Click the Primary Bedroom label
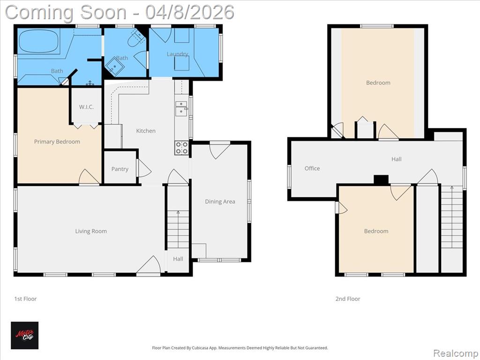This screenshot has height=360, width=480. point(57,142)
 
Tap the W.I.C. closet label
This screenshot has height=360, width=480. point(86,107)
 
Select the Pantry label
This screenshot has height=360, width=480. point(120,169)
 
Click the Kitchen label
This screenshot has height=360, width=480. point(146,131)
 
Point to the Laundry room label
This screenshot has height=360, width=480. point(177,54)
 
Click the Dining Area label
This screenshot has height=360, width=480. point(220,202)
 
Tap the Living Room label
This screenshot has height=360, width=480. point(91,231)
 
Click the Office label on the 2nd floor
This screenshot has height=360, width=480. point(312,168)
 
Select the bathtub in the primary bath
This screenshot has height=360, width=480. point(38,41)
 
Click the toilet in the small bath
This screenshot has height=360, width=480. point(136,38)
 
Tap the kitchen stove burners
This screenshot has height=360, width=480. point(181,148)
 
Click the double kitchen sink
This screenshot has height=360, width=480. point(181,108)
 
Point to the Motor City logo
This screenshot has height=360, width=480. point(25,335)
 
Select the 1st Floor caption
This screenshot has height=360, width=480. point(25,299)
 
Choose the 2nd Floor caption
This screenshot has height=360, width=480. point(348,299)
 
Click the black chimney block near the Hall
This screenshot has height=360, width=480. point(381,180)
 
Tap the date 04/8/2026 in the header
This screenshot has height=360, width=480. point(190,12)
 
